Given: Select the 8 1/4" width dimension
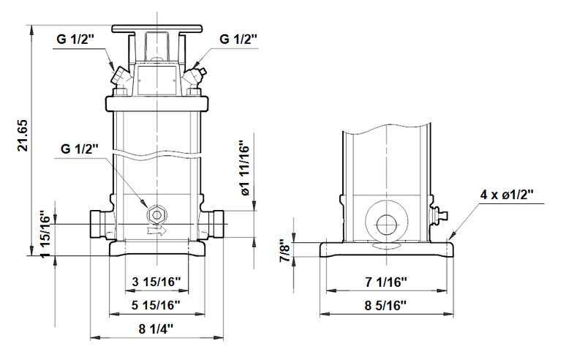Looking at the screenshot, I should [x=156, y=329].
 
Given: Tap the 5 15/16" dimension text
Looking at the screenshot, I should [x=156, y=304].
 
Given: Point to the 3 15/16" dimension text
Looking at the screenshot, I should [x=156, y=281].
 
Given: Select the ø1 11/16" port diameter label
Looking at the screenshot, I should [x=246, y=169].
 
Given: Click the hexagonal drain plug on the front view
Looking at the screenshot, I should [x=156, y=214].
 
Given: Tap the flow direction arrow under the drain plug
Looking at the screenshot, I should [x=156, y=230].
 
